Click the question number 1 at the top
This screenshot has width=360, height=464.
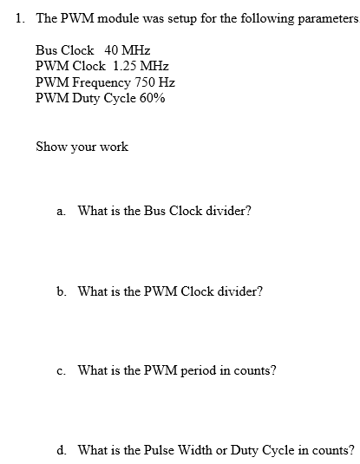[x=20, y=18]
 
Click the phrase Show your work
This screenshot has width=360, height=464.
[x=82, y=147]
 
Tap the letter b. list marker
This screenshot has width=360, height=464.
[x=61, y=291]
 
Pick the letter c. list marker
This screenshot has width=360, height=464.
[x=60, y=370]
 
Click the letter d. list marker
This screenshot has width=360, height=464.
[x=61, y=450]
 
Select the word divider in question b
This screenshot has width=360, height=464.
[x=239, y=291]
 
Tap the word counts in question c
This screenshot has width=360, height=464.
[x=256, y=370]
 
